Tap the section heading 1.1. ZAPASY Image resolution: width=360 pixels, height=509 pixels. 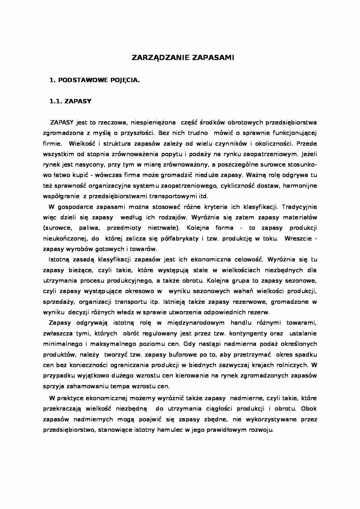pos(71,101)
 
